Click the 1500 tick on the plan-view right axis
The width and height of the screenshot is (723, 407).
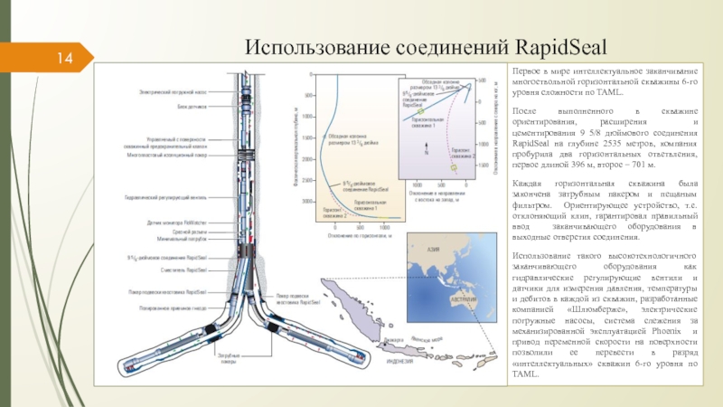click(x=484, y=166)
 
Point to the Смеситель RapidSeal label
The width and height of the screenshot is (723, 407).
click(x=185, y=270)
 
